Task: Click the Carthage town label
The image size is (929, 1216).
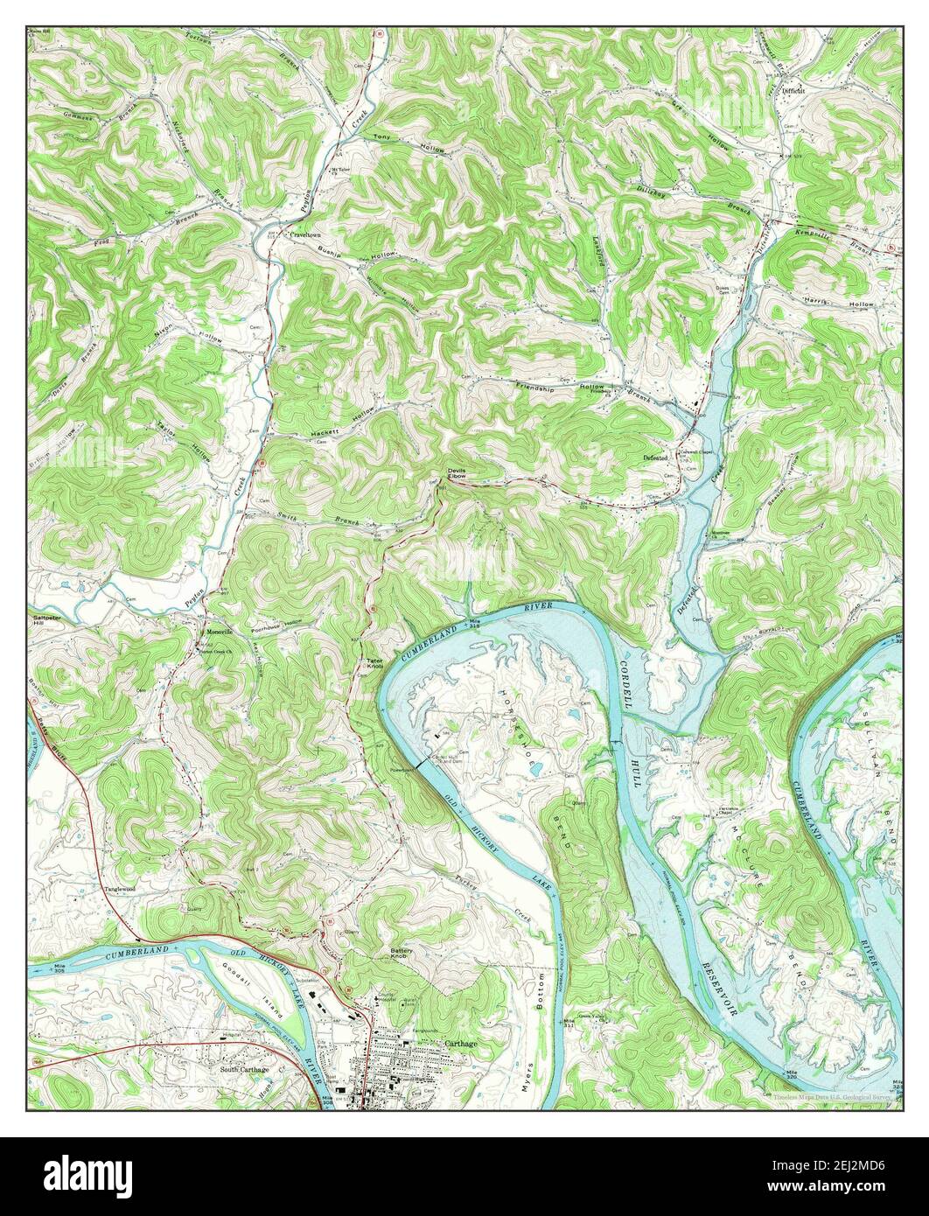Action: click(x=460, y=1044)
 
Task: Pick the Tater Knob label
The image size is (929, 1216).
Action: click(x=374, y=663)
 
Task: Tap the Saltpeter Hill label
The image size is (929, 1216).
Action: click(x=45, y=620)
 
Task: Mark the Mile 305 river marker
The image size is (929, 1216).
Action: click(x=60, y=968)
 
